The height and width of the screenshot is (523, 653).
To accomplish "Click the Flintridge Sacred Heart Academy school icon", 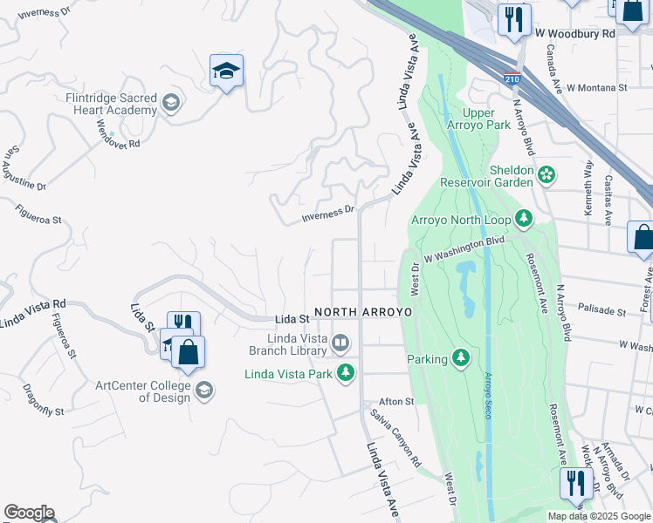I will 170,103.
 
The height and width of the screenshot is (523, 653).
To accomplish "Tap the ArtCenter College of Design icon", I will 203,390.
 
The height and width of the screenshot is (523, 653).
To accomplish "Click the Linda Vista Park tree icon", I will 347,372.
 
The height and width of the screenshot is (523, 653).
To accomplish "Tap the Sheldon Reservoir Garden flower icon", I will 546,174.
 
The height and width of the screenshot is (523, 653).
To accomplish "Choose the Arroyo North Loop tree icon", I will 523,218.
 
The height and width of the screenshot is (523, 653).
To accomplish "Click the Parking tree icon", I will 460,357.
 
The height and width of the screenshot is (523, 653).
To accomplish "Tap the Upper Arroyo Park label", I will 485,119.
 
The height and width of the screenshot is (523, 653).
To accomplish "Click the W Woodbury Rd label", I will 575,33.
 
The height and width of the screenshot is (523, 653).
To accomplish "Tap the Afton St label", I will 395,402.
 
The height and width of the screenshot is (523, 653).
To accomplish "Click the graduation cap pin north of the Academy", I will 226,71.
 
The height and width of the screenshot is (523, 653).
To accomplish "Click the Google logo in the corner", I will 29,513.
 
